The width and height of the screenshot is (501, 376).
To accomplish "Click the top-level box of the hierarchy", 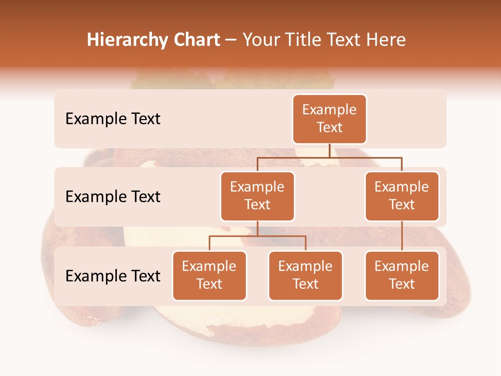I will click(329, 119).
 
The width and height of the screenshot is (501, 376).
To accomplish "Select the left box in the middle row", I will click(257, 196).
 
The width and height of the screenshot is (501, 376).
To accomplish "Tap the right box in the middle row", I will click(402, 196).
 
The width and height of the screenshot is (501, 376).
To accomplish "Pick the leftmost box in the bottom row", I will click(209, 275).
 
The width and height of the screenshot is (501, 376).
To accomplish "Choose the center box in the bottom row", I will click(305, 275).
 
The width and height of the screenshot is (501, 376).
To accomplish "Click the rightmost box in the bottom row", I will click(402, 275).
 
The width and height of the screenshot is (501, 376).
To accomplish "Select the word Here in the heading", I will click(387, 40).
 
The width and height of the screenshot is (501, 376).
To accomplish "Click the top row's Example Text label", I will click(113, 119).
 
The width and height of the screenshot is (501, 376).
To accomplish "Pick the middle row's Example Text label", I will click(113, 197).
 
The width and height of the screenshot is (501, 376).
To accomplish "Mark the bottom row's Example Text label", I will click(113, 276).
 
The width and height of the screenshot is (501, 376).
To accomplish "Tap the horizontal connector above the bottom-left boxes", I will click(257, 236).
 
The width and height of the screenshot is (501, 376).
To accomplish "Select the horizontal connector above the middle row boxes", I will click(329, 157).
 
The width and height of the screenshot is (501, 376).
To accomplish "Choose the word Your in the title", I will click(260, 40).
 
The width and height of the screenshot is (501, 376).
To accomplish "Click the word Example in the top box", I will click(329, 110).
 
